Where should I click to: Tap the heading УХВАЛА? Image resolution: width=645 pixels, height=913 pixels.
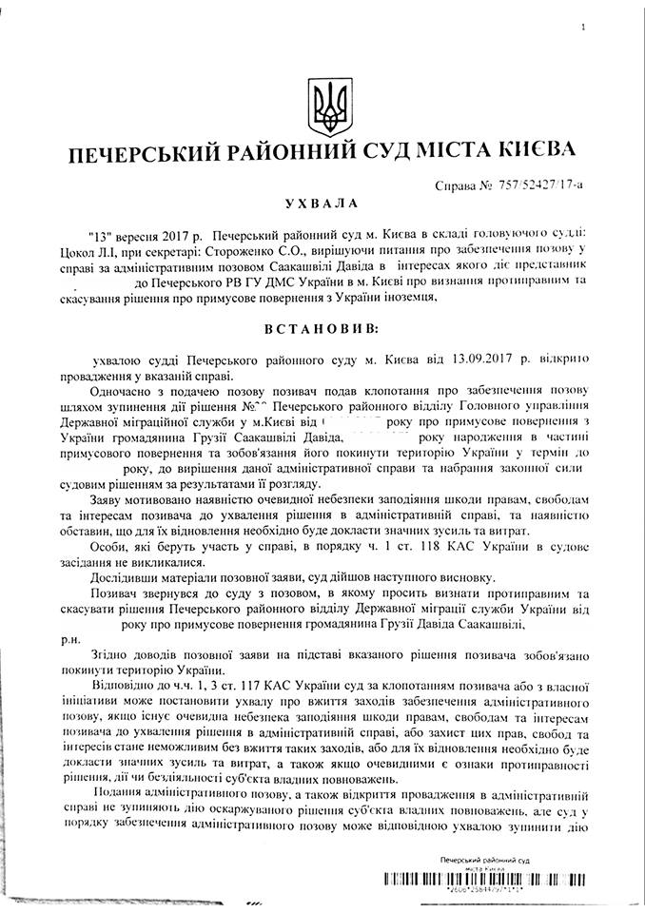323,204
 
